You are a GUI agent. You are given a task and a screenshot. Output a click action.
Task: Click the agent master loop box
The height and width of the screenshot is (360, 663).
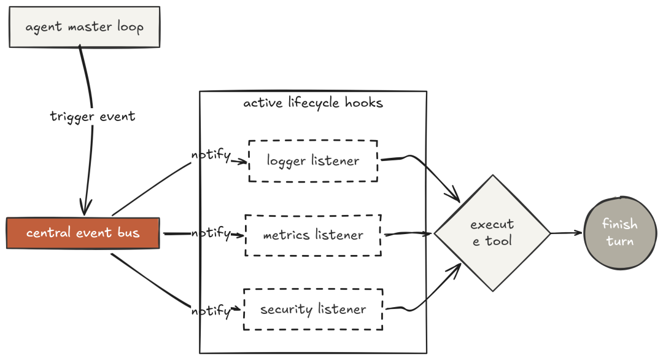(x=85, y=27)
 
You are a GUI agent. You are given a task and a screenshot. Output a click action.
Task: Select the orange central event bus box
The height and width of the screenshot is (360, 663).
(x=83, y=233)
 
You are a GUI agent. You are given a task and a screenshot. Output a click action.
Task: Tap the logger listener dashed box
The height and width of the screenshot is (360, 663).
(x=313, y=161)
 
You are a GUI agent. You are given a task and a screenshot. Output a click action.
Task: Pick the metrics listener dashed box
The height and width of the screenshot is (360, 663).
(x=313, y=235)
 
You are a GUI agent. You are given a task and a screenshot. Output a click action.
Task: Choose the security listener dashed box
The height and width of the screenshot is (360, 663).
(x=313, y=309)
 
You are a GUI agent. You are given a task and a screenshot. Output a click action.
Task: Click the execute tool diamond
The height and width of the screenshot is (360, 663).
(x=492, y=233)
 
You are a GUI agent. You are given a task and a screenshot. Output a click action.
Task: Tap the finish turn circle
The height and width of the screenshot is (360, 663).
(x=620, y=232)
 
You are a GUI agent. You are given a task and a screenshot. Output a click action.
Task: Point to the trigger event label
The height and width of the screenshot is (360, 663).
(x=93, y=116)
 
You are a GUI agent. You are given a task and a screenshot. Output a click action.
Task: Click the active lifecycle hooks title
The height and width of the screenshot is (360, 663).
(x=313, y=103)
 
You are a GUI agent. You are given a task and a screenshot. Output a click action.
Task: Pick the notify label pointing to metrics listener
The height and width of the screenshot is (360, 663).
(x=211, y=233)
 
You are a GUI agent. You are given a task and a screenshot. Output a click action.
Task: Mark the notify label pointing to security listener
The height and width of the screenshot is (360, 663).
(x=211, y=311)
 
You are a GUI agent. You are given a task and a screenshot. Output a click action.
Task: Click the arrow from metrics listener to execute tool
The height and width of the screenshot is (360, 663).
(x=408, y=233)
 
